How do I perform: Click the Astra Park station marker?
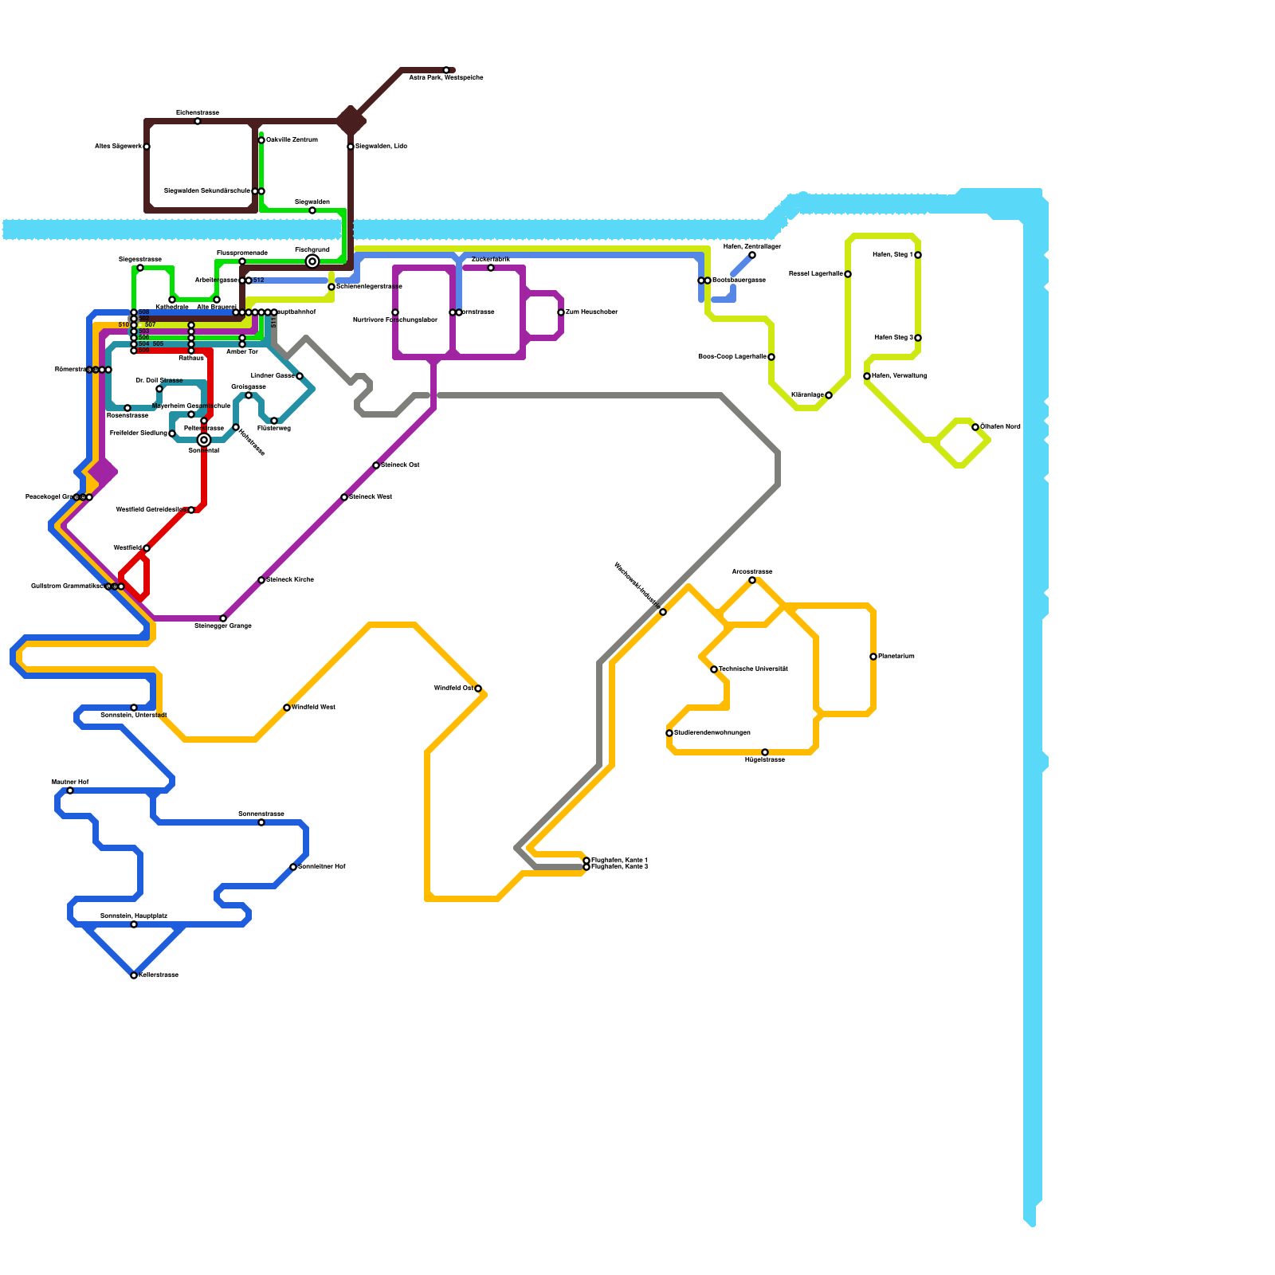tap(446, 70)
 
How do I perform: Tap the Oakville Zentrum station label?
tap(292, 140)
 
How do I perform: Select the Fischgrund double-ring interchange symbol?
tap(312, 261)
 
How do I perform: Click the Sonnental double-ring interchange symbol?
tap(204, 440)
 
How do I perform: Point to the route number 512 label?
tap(259, 280)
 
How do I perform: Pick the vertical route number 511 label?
tap(273, 323)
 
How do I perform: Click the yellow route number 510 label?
tap(124, 325)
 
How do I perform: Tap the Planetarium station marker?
tap(873, 657)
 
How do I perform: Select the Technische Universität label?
tap(753, 669)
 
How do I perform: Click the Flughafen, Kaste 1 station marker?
tap(586, 861)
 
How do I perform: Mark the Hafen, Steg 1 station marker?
tap(918, 255)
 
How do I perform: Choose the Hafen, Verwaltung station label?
tap(899, 376)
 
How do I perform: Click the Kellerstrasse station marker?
tap(134, 975)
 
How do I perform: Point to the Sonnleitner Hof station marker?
tap(293, 867)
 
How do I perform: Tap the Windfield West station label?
tap(313, 708)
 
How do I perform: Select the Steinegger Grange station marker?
tap(223, 618)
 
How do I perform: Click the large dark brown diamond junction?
tap(351, 121)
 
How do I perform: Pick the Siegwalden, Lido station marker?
tap(351, 147)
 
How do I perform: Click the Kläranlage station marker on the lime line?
tap(829, 395)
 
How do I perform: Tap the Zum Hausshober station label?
tap(591, 312)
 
